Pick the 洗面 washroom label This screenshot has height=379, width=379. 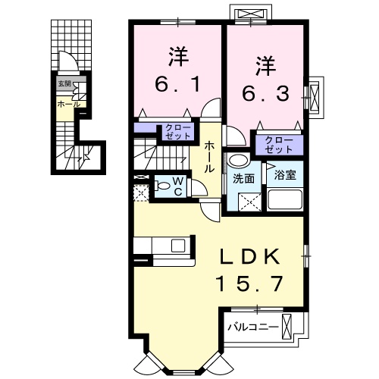(243, 180)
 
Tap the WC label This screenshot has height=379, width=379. (177, 184)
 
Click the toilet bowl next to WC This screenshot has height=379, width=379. (161, 185)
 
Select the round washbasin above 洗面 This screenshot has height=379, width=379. (237, 161)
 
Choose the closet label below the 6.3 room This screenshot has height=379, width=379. (278, 143)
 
